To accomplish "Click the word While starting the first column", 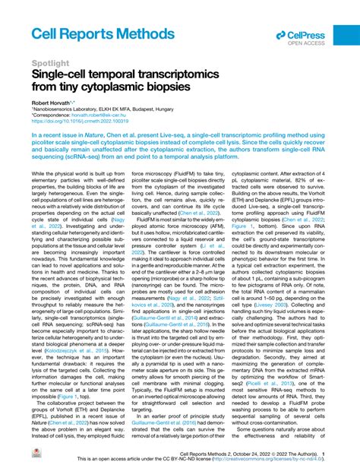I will [x=40, y=195].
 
